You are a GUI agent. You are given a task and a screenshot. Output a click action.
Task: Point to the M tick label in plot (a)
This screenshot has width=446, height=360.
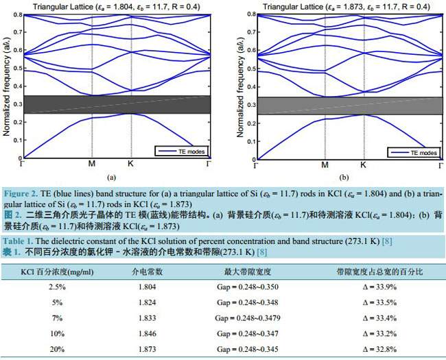[x=92, y=165]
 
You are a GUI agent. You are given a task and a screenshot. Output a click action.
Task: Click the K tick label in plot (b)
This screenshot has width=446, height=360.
[x=362, y=165]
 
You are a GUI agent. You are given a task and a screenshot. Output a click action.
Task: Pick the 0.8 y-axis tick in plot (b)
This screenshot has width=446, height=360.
[x=247, y=14]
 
